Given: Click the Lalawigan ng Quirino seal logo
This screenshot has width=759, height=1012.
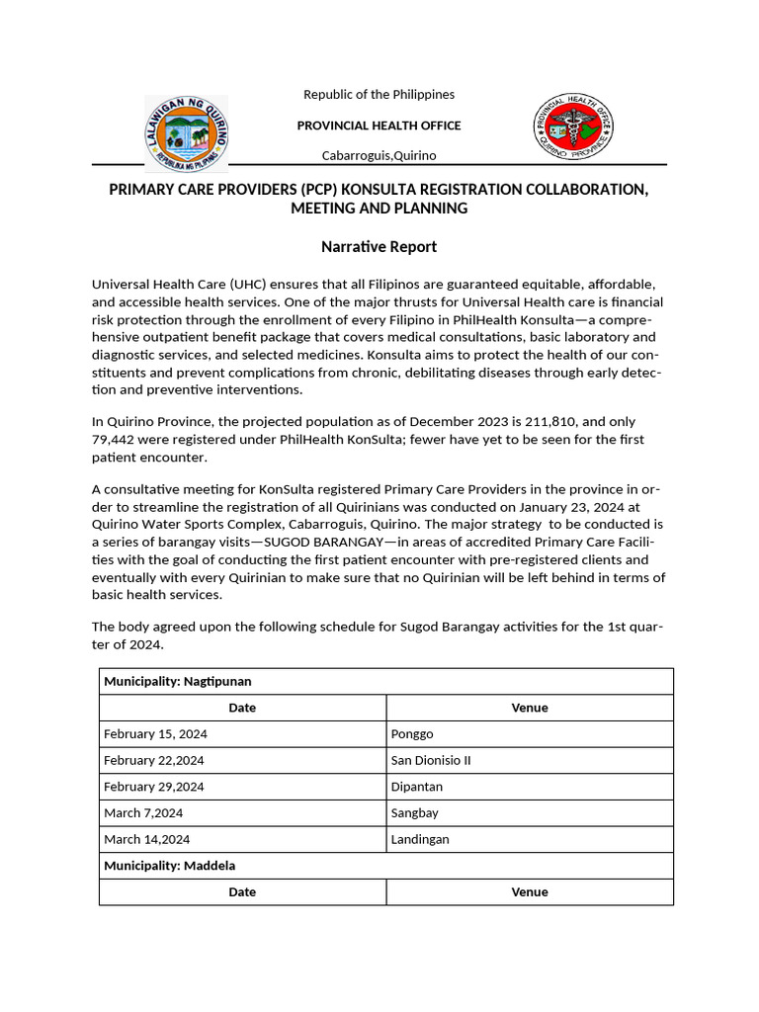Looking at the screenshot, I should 186,132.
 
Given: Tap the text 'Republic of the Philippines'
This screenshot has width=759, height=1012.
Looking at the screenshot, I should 379,94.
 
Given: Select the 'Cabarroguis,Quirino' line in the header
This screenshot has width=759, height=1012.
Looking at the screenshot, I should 379,155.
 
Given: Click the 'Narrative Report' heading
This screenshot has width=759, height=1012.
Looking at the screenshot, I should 379,246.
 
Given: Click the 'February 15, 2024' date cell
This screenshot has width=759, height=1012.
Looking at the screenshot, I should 155,734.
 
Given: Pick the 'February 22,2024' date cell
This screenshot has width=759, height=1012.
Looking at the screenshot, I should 153,760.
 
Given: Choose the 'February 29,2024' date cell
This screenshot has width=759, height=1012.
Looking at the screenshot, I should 153,787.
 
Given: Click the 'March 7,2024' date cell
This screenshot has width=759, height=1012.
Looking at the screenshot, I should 143,812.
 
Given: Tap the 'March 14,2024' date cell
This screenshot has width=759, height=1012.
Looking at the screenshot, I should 147,839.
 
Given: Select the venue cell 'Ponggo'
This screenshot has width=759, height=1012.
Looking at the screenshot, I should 412,734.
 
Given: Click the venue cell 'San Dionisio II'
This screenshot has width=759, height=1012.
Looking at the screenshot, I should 431,760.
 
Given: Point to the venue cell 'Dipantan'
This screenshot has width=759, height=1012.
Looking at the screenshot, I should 417,787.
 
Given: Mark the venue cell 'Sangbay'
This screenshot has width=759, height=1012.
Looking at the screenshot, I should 415,812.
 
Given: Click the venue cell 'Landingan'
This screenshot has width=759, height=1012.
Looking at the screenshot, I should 420,839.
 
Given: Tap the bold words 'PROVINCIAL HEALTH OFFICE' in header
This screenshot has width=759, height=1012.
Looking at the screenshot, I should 379,126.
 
